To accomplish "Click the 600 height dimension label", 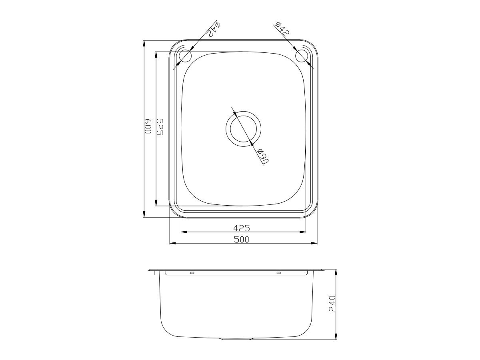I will click(147, 128).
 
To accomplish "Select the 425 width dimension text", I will click(242, 228).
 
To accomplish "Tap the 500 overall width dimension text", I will click(242, 240).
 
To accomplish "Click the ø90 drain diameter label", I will click(263, 157).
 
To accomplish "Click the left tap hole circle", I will click(185, 56).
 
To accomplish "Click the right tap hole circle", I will click(302, 56).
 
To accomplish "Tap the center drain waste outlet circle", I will click(243, 129).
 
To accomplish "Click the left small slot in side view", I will click(192, 273).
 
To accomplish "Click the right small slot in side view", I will click(278, 273).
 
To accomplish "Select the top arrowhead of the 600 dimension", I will click(144, 42).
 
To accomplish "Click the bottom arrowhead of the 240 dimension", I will click(336, 337).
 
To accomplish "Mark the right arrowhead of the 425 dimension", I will click(304, 232).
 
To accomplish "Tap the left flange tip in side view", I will click(150, 270).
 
